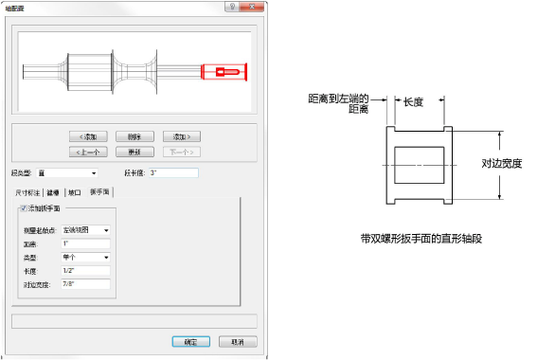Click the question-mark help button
pos(228,8)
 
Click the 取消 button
pos(233,340)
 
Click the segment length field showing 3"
pos(172,173)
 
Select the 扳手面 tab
pos(99,191)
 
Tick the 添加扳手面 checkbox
pos(24,207)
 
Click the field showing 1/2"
pos(84,270)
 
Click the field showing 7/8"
pos(84,283)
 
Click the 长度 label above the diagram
pos(414,103)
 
